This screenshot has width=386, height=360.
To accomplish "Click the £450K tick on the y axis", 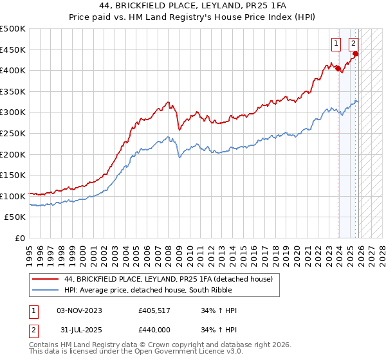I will [x=12, y=50].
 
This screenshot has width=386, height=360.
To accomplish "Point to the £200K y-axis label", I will [x=12, y=154].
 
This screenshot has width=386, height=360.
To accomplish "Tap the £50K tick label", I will [x=15, y=217].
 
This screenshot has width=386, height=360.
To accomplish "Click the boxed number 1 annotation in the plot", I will [x=336, y=44].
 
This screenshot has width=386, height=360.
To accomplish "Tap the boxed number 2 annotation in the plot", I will [x=353, y=44].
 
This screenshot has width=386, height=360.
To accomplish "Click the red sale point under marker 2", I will [x=355, y=54].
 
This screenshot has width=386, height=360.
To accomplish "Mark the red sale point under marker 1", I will [x=338, y=68].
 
